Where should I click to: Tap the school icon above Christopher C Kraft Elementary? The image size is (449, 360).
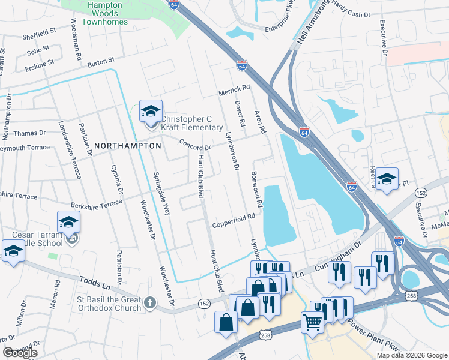[x=151, y=111]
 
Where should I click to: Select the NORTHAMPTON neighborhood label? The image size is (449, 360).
[x=127, y=146]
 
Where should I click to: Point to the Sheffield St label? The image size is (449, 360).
[x=40, y=31]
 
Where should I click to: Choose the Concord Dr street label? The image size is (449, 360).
[x=195, y=145]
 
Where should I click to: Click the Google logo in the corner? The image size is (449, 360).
[x=19, y=353]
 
